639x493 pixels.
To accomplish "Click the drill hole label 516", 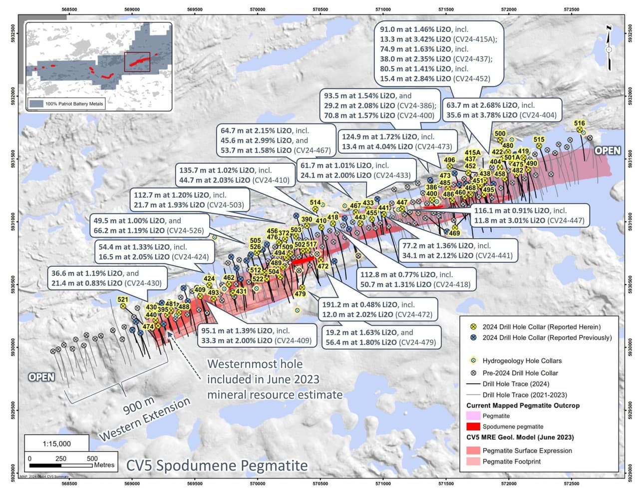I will pyautogui.click(x=579, y=123).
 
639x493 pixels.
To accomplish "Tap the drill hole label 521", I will pyautogui.click(x=123, y=300).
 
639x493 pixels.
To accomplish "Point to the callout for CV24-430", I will pyautogui.click(x=107, y=278).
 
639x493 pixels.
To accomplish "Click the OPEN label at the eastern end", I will pyautogui.click(x=608, y=151).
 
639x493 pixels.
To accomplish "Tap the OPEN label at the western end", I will pyautogui.click(x=41, y=377).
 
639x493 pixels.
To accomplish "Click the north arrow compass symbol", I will pyautogui.click(x=609, y=49).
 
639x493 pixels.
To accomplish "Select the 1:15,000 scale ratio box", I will pyautogui.click(x=56, y=444).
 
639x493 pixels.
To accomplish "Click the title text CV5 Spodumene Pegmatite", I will pyautogui.click(x=217, y=466).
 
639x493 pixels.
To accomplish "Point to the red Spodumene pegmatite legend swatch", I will pyautogui.click(x=473, y=427).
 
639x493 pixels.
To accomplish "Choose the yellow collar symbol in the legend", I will pyautogui.click(x=473, y=327).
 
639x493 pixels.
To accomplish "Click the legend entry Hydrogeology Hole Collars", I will pyautogui.click(x=522, y=361).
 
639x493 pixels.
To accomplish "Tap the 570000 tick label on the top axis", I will pyautogui.click(x=257, y=9).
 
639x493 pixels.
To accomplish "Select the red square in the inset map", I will pyautogui.click(x=137, y=61).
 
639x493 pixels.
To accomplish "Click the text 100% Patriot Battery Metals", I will pyautogui.click(x=74, y=104).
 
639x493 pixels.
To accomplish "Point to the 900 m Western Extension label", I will pyautogui.click(x=144, y=418).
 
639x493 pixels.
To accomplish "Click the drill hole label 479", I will pyautogui.click(x=300, y=294).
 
